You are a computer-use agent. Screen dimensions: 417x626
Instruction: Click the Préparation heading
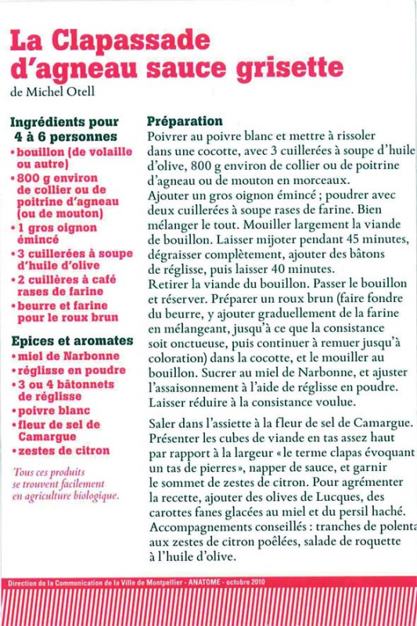[x=185, y=121]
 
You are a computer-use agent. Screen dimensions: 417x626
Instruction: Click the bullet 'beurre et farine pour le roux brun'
[x=67, y=311]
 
